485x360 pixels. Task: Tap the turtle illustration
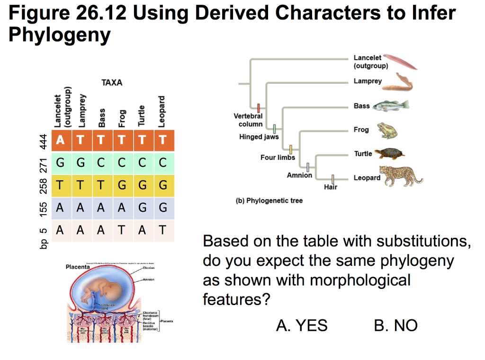(x=390, y=153)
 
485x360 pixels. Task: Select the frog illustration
(x=387, y=130)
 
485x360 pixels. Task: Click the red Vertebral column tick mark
(x=259, y=108)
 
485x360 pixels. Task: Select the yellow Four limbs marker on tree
(x=291, y=149)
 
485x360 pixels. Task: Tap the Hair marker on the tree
(x=333, y=179)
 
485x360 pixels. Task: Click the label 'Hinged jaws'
(x=259, y=137)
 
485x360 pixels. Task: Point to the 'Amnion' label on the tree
(x=299, y=175)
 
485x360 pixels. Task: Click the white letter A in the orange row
(x=60, y=140)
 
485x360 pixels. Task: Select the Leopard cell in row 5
(x=163, y=230)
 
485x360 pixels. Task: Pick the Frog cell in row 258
(x=122, y=185)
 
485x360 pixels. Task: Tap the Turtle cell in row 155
(x=142, y=207)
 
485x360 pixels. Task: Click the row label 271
(x=44, y=163)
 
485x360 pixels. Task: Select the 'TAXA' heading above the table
(x=112, y=83)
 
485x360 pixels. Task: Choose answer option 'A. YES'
(x=302, y=325)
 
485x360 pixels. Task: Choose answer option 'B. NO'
(x=395, y=325)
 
